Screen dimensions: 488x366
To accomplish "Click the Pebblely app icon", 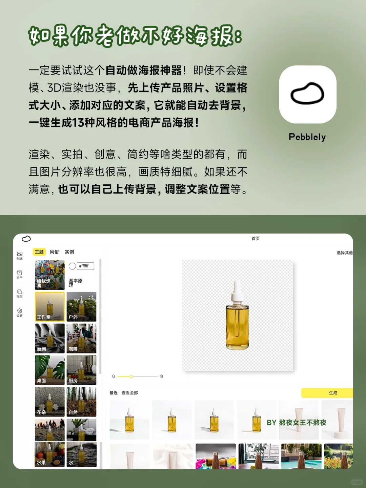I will click(x=307, y=94).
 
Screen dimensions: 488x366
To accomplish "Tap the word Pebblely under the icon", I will click(x=307, y=137).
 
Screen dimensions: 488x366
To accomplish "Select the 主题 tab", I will click(x=39, y=252).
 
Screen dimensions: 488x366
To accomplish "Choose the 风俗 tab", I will click(x=54, y=252).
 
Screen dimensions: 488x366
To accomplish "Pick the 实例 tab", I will click(x=69, y=252).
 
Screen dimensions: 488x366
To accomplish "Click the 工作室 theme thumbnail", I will click(x=49, y=306).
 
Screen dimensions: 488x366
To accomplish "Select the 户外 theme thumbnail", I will click(x=81, y=306).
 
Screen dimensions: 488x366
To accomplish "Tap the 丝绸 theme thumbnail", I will click(x=49, y=338).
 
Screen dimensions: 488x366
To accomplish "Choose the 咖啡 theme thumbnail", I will click(x=81, y=338).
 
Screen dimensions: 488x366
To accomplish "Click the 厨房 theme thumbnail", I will click(x=81, y=370).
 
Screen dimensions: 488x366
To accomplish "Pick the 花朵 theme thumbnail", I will click(x=49, y=402).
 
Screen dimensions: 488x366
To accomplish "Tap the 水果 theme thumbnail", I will click(x=49, y=454).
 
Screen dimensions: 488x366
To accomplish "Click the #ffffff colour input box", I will click(x=85, y=266).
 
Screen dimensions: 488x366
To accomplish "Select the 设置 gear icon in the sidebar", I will click(x=20, y=311).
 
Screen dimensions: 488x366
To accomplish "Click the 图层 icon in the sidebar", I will click(x=20, y=292).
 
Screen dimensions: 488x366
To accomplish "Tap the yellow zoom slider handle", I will click(x=131, y=377).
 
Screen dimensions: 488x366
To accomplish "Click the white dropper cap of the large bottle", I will click(x=237, y=291).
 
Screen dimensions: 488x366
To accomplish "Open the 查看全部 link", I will click(x=130, y=393).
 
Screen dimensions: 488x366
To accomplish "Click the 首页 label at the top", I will click(x=256, y=239).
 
